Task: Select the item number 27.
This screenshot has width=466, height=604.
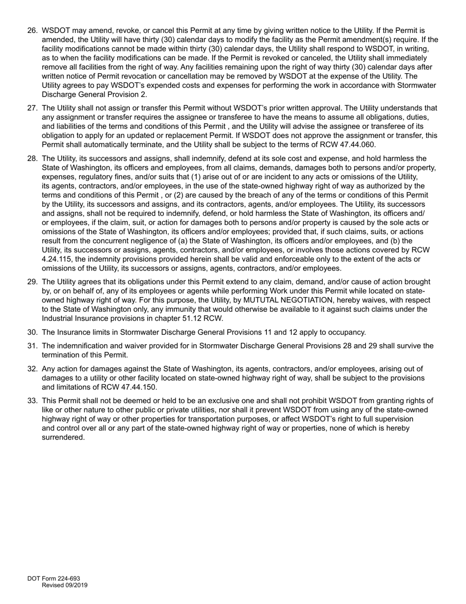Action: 32,108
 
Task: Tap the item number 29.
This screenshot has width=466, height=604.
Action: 32,282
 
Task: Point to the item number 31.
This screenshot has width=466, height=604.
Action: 32,346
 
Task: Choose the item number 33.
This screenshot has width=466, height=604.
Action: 32,401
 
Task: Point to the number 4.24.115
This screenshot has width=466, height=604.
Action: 57,259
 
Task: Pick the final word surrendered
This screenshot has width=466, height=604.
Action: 63,437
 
